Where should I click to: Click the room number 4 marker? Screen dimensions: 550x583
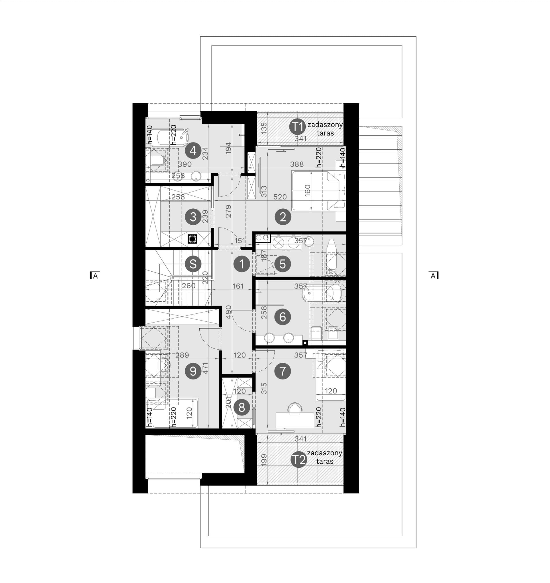click(x=193, y=151)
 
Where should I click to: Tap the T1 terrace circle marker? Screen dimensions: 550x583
click(x=298, y=127)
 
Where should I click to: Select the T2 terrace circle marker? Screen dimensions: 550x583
click(x=298, y=460)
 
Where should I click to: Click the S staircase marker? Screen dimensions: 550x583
click(x=193, y=264)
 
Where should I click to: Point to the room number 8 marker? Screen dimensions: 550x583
click(x=242, y=407)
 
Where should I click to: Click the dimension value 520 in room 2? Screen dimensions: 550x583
click(x=280, y=197)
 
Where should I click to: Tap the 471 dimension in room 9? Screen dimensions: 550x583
click(x=205, y=368)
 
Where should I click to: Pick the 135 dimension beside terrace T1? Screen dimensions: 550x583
click(x=264, y=128)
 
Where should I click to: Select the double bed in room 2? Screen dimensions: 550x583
click(x=319, y=191)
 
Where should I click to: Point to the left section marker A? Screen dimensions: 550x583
click(x=94, y=276)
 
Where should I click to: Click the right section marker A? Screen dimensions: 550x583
click(x=433, y=276)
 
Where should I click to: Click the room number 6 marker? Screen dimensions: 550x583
click(x=283, y=317)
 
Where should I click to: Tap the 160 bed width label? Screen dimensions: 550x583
click(x=308, y=191)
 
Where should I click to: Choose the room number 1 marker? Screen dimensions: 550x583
click(x=241, y=264)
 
